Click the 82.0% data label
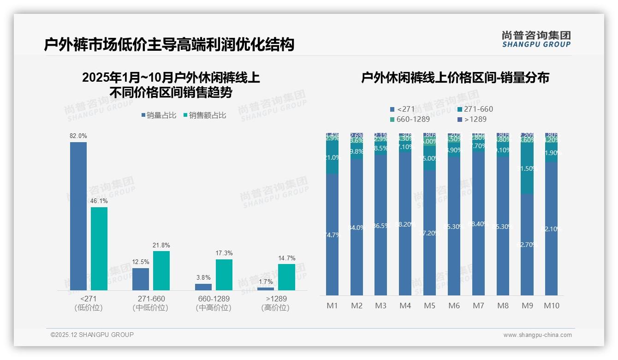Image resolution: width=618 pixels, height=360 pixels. pyautogui.click(x=78, y=136)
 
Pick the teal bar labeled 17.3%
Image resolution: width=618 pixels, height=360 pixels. pyautogui.click(x=224, y=275)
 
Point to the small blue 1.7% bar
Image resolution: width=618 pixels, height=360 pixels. pyautogui.click(x=266, y=288)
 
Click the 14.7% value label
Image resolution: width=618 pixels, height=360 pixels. pyautogui.click(x=286, y=258)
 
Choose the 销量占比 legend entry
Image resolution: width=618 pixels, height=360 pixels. pyautogui.click(x=159, y=115)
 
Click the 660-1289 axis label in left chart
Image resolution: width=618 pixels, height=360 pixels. pyautogui.click(x=213, y=299)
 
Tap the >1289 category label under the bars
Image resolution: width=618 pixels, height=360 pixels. pyautogui.click(x=276, y=299)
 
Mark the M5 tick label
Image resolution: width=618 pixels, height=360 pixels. pyautogui.click(x=430, y=306)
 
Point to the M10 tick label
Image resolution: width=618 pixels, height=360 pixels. pyautogui.click(x=552, y=306)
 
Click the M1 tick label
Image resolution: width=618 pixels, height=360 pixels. pyautogui.click(x=333, y=306)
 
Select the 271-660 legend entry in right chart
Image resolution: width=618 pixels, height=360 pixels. pyautogui.click(x=475, y=109)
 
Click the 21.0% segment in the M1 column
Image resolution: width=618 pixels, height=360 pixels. pyautogui.click(x=333, y=157)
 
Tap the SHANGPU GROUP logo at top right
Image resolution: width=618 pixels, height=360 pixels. pyautogui.click(x=536, y=39)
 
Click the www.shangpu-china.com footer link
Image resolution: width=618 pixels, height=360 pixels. pyautogui.click(x=537, y=335)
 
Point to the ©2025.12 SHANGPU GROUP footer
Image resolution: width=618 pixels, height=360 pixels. pyautogui.click(x=92, y=335)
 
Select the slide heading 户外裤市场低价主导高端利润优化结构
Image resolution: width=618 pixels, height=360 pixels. pyautogui.click(x=169, y=45)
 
